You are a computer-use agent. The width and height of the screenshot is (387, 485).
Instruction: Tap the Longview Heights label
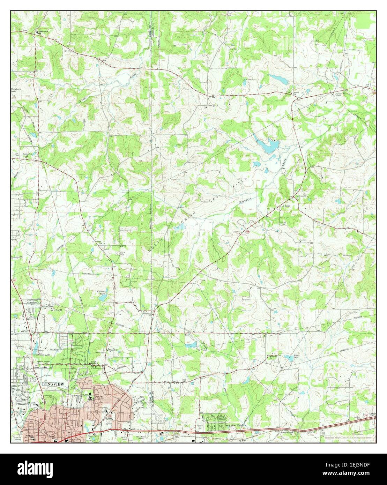tap(235, 426)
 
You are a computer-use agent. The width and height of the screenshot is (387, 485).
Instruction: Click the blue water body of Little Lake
tap(288, 358)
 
